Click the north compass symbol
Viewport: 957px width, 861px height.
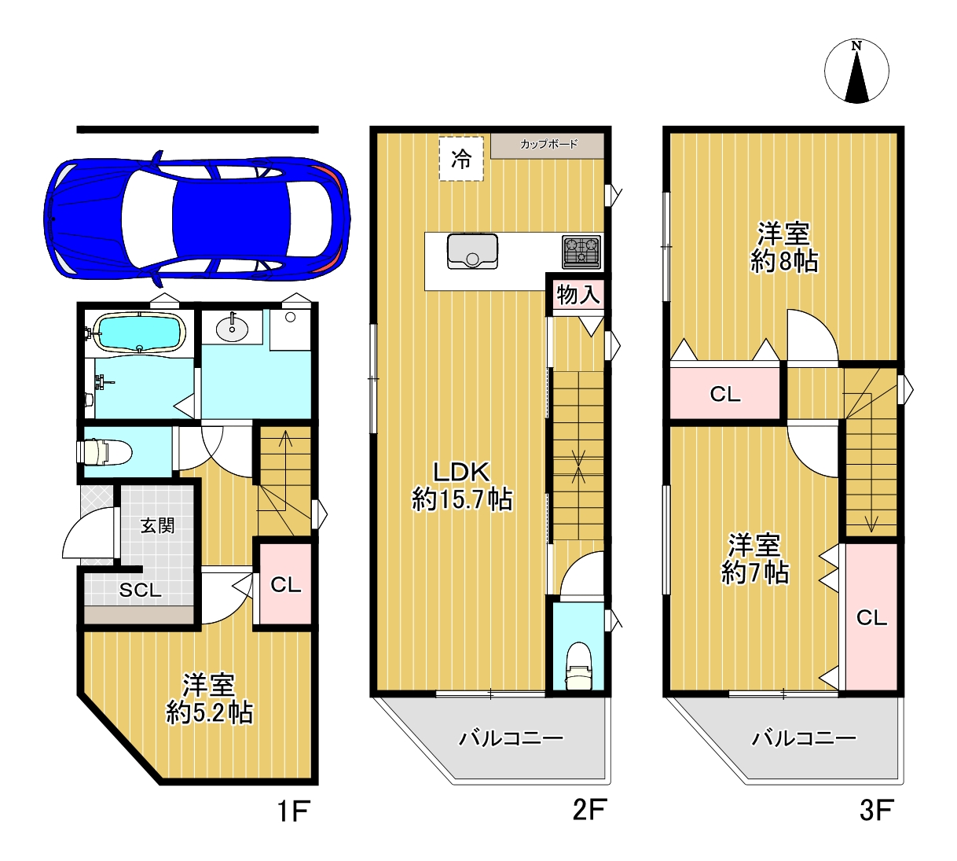point(856,71)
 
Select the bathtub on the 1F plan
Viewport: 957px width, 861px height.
point(139,333)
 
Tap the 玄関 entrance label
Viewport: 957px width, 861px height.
point(157,526)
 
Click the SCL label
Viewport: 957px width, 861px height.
point(141,591)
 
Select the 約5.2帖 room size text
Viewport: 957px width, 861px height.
point(210,713)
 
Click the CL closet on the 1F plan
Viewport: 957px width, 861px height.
point(285,584)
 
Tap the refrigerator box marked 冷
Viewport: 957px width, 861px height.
point(461,159)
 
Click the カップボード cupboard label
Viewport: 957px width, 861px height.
point(548,144)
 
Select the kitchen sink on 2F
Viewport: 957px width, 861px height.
point(472,251)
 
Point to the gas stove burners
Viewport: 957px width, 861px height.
point(581,252)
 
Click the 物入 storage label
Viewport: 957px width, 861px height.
point(578,295)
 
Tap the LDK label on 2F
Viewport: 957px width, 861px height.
point(461,473)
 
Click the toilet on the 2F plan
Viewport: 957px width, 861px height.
point(578,665)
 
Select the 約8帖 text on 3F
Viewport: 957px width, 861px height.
point(784,261)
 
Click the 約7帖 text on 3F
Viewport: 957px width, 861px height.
point(755,572)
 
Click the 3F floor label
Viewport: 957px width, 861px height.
point(878,810)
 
